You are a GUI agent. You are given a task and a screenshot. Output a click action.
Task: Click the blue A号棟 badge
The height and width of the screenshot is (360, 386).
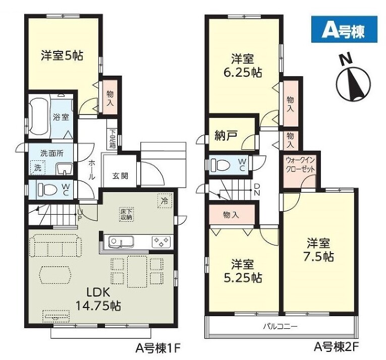pos(344,29)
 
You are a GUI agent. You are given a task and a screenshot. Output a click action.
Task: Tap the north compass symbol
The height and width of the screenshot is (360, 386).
pos(353,80)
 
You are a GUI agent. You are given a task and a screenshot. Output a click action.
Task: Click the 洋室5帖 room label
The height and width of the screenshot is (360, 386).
pos(62,55)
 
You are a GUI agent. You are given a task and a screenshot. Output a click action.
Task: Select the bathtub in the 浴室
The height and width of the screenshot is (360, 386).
pos(38,116)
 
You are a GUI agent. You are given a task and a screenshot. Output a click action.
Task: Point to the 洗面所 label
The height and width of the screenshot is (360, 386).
pos(51,153)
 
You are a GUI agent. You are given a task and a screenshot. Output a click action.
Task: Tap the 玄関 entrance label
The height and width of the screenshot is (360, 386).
pos(120,175)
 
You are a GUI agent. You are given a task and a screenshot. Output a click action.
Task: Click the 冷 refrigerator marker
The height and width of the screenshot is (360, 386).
pos(164,201)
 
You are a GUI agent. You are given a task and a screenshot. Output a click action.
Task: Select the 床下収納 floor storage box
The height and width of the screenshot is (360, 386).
pos(126,214)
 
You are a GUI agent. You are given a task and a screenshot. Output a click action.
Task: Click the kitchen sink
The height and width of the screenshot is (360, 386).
pos(121,242)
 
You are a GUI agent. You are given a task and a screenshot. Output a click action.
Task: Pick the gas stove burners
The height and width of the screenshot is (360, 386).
pos(161,242)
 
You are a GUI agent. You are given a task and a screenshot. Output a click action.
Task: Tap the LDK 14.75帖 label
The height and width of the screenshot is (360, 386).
pos(98,299)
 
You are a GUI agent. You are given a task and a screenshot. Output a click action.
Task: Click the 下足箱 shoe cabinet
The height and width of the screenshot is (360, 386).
pos(113,139)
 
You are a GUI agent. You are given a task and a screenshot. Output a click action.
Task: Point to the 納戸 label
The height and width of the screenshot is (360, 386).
pos(226,135)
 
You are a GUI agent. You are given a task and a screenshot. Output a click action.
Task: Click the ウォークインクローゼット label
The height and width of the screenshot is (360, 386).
pos(300,165)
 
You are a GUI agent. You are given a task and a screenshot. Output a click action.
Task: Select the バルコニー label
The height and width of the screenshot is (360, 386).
pos(281,327)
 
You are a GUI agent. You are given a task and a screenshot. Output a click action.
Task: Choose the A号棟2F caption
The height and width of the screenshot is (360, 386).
pos(336,348)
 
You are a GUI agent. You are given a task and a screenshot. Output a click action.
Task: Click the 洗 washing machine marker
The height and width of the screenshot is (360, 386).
pos(38,167)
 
